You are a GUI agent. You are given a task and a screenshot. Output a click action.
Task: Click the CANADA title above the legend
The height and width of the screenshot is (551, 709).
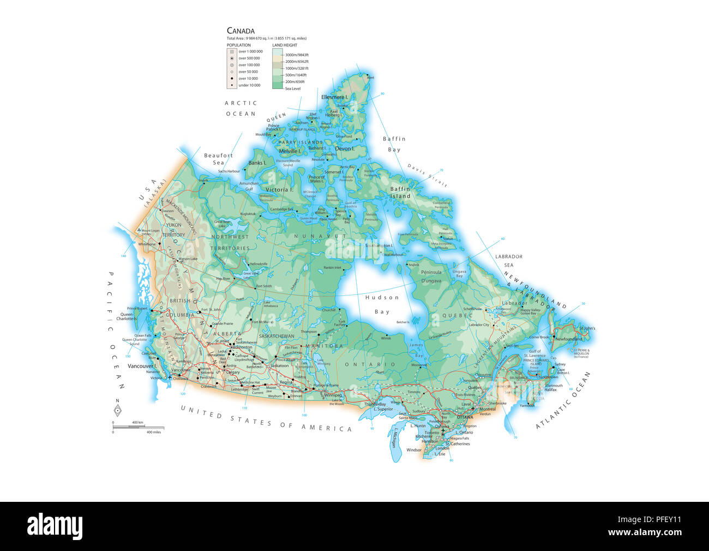tap(241, 31)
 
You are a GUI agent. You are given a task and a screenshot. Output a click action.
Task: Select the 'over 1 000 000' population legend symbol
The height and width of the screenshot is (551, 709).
tap(232, 51)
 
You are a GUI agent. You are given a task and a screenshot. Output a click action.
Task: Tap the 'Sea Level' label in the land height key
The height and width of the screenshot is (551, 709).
tap(292, 88)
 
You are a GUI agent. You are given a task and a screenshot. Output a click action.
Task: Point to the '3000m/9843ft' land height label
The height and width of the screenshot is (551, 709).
tap(297, 55)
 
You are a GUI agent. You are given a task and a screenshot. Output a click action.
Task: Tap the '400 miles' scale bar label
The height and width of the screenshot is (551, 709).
tap(153, 432)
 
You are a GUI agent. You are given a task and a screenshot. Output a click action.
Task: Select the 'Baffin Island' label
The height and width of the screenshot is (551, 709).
tap(400, 192)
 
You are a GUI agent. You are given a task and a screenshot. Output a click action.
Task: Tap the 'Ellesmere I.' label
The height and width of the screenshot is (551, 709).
tap(334, 97)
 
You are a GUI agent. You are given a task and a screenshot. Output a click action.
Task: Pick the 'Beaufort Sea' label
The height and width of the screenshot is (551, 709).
tap(218, 159)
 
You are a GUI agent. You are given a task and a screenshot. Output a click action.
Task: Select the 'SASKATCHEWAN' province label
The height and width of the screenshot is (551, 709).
tap(277, 336)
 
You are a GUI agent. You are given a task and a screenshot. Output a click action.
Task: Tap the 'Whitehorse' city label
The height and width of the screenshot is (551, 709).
tap(147, 244)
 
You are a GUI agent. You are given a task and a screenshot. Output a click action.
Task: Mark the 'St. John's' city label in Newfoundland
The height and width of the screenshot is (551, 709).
tap(587, 328)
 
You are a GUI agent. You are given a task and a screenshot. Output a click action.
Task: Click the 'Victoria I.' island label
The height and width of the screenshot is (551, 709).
tap(279, 189)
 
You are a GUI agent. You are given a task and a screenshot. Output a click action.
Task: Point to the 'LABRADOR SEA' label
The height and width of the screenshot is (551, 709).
tap(508, 260)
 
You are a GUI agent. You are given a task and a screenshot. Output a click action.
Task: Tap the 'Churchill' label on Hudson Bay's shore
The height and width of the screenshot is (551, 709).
tap(329, 310)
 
